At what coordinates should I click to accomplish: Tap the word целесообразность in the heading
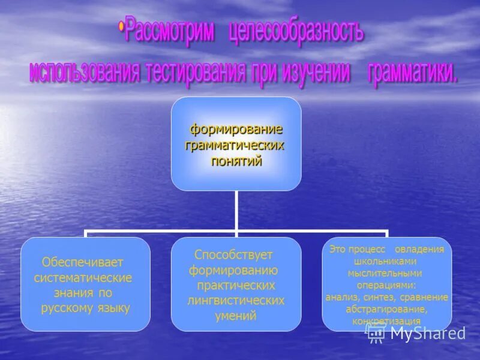(x=296, y=34)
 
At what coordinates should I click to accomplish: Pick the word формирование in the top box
(x=236, y=130)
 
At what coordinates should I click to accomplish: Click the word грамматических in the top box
(x=236, y=145)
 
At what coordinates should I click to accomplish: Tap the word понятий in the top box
(x=236, y=161)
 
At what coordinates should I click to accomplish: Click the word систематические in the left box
(x=83, y=278)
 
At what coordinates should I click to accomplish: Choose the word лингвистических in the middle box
(x=236, y=301)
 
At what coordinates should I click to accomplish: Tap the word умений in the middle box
(x=236, y=316)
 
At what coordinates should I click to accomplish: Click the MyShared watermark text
(x=427, y=334)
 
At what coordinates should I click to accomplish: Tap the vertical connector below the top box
(x=236, y=210)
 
